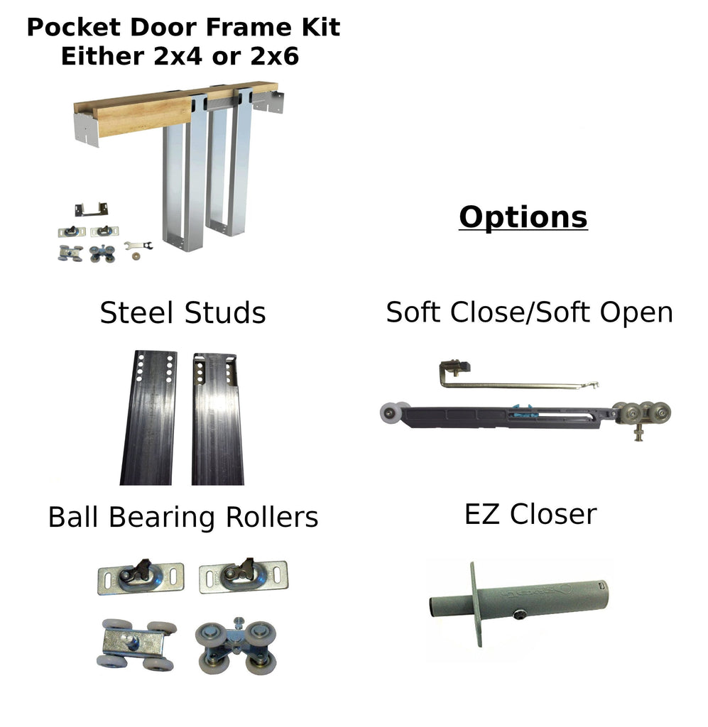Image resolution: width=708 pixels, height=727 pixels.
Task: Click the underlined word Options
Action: (x=523, y=217)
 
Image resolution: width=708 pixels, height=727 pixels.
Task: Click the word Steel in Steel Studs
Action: (x=136, y=312)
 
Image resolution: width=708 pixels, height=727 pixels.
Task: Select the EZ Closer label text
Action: (x=530, y=514)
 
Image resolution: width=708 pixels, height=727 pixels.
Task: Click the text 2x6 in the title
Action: (x=273, y=56)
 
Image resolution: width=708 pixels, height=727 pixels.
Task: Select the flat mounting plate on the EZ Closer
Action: (x=474, y=603)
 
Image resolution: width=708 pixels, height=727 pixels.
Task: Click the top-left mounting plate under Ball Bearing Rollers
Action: (x=140, y=576)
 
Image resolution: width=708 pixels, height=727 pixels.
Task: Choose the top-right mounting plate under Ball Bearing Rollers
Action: (x=243, y=576)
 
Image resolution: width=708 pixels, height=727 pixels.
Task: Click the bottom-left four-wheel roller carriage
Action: (x=136, y=644)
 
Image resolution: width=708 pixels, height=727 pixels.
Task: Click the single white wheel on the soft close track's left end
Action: (x=391, y=413)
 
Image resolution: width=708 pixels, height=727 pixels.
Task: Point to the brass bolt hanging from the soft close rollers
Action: (x=638, y=432)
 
